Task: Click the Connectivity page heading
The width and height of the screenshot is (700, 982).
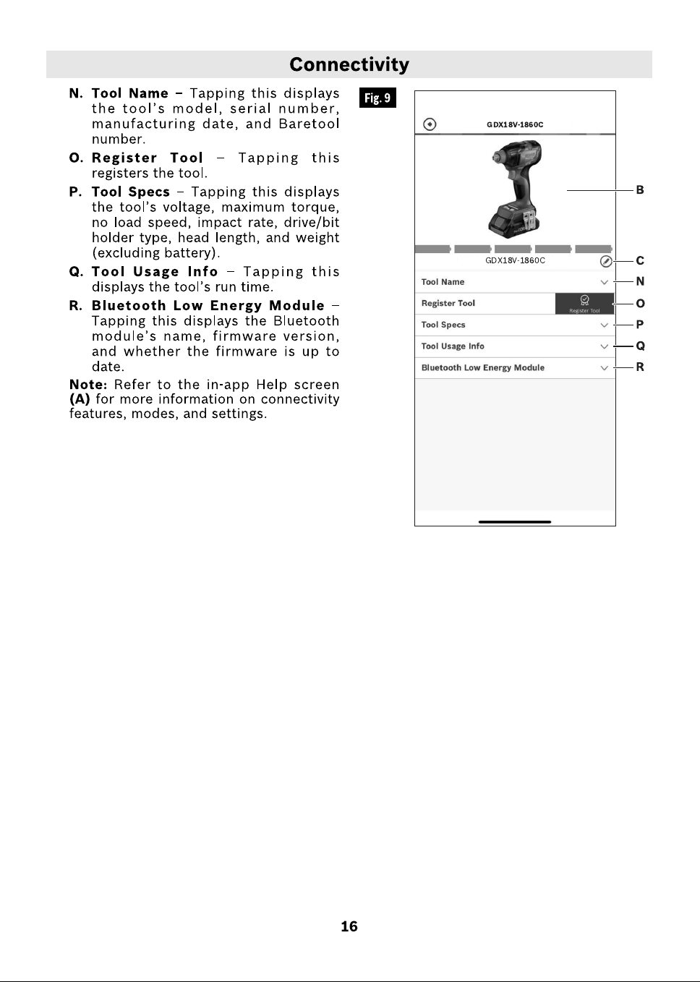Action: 349,64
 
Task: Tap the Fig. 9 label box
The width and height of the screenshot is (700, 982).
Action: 377,98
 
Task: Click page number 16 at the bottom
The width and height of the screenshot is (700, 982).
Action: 349,926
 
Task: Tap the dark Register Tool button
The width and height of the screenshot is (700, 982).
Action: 584,304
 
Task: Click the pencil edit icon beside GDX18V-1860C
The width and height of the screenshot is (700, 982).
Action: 606,261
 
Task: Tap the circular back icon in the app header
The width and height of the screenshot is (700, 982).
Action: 430,124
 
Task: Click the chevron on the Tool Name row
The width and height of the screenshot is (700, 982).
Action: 604,282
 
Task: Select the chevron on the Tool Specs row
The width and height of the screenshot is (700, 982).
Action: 604,325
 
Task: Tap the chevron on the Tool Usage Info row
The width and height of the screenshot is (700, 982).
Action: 604,347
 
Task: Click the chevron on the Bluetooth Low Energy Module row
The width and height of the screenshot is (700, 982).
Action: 604,368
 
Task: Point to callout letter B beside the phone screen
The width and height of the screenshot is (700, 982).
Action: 640,190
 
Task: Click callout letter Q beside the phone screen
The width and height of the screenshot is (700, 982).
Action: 640,346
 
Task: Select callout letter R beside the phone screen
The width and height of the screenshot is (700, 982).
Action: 640,367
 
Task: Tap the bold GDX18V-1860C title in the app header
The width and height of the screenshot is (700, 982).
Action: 515,124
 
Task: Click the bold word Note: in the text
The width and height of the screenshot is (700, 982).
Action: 88,385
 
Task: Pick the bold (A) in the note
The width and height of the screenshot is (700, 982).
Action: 80,399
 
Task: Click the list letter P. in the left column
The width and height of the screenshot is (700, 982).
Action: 76,192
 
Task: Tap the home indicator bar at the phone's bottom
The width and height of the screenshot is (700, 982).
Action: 515,521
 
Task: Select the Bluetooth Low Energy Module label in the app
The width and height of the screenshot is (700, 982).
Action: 482,368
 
